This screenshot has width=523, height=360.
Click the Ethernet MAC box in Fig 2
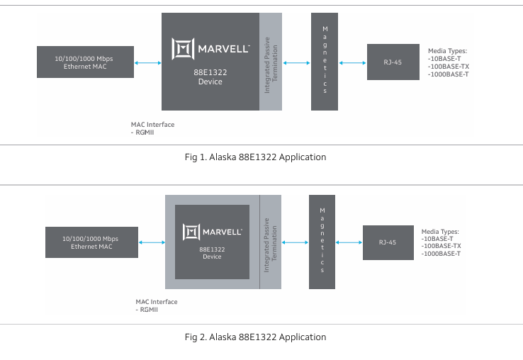click(91, 242)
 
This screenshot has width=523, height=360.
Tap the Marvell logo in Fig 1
click(210, 49)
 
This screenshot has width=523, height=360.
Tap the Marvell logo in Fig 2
click(213, 231)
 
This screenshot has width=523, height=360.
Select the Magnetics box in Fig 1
click(325, 61)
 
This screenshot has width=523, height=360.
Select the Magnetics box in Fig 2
click(322, 242)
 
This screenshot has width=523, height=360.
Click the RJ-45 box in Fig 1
click(393, 62)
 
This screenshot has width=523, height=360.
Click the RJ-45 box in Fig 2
click(388, 242)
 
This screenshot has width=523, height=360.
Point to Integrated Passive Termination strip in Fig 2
click(271, 242)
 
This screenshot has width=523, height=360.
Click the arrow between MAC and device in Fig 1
click(147, 63)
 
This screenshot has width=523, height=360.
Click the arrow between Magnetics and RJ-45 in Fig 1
click(352, 63)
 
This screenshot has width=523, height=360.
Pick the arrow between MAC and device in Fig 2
click(152, 243)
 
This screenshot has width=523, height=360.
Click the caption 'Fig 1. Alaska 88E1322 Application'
click(255, 157)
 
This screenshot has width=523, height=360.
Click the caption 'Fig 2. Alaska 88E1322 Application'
click(255, 337)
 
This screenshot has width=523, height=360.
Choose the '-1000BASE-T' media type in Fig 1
click(448, 74)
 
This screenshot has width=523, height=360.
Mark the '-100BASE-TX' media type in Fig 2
click(441, 246)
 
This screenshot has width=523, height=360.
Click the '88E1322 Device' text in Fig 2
click(212, 253)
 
